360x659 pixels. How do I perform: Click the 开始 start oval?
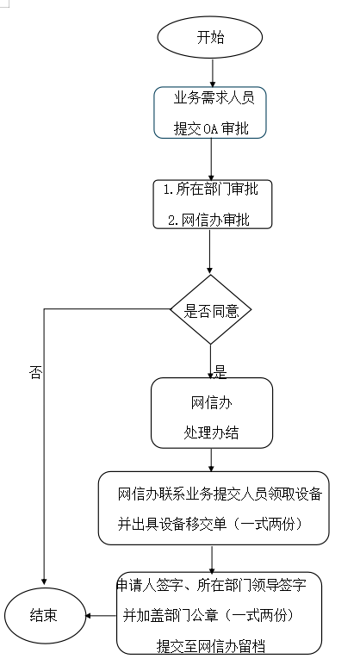210,37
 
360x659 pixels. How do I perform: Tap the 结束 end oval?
45,616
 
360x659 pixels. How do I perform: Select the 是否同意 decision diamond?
210,310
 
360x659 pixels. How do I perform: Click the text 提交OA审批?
211,128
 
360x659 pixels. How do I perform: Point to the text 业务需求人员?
214,98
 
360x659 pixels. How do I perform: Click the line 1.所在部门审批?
211,190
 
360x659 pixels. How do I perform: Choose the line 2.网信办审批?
208,220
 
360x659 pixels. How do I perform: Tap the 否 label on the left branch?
35,373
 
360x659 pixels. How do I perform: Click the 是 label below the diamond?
221,372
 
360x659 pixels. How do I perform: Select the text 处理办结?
211,432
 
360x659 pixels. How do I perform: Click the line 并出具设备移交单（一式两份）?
210,524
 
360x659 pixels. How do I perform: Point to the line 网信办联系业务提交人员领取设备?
220,494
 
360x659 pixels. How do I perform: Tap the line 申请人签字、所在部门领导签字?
211,585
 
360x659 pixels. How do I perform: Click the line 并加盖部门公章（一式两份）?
208,616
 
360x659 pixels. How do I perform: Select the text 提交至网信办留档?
211,645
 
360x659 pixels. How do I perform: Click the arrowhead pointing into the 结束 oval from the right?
88,616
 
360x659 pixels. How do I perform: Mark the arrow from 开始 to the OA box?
213,73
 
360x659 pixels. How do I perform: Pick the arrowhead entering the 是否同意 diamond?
210,271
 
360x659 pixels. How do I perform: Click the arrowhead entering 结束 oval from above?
44,581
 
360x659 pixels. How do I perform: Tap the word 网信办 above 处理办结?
211,403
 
